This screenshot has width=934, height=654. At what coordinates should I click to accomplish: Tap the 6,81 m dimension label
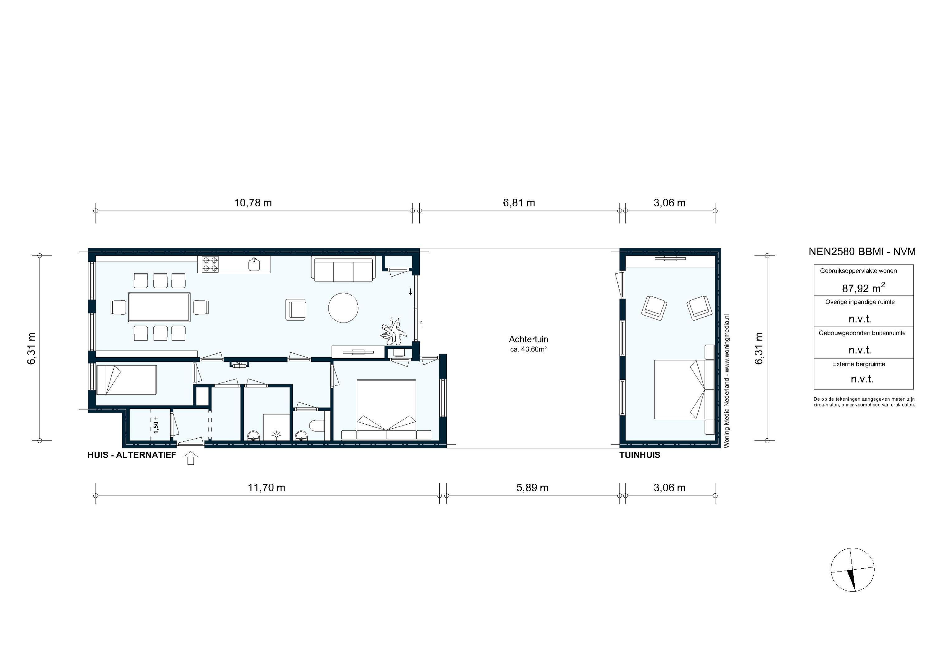(519, 203)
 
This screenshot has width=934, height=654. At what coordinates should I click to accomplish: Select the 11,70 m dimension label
(267, 488)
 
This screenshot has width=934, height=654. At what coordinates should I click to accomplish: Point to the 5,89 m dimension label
(532, 488)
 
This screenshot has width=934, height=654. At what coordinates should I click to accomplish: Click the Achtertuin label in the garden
(528, 339)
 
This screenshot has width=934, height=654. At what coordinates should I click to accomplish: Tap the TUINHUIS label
(639, 455)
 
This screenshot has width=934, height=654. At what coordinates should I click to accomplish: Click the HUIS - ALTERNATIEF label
(131, 455)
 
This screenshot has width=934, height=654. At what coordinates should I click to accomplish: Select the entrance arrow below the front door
(191, 459)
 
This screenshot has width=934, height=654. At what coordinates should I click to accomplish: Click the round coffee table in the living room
(343, 308)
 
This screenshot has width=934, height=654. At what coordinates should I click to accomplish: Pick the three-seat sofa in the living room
(343, 269)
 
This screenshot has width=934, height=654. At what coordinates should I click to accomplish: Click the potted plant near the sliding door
(393, 329)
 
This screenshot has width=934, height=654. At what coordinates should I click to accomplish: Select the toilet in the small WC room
(317, 426)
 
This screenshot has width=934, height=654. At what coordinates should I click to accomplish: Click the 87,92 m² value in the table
(863, 288)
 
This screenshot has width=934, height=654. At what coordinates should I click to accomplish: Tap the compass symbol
(852, 569)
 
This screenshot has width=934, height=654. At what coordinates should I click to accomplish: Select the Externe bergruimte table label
(858, 364)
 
